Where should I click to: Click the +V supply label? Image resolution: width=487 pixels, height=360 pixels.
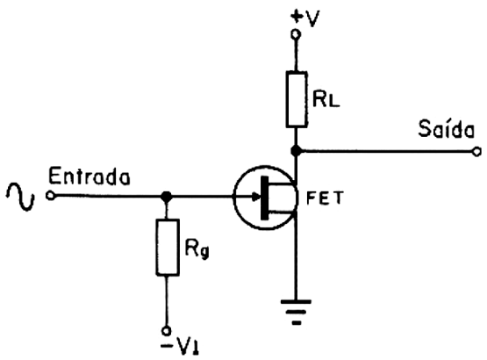click(304, 18)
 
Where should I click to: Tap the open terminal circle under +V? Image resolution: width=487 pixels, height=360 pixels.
click(296, 33)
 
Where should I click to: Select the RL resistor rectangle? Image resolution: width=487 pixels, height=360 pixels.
click(297, 99)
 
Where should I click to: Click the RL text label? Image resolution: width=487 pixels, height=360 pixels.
click(326, 99)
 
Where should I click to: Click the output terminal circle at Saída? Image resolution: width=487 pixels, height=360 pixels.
click(476, 152)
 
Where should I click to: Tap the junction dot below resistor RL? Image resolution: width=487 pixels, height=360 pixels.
click(296, 151)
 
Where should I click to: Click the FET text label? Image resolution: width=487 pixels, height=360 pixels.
click(326, 198)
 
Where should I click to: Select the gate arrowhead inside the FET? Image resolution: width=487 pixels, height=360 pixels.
click(256, 196)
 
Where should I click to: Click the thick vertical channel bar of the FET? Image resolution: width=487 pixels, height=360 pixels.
click(265, 198)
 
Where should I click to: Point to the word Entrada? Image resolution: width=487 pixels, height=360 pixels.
click(90, 176)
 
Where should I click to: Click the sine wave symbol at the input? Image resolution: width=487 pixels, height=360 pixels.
click(20, 197)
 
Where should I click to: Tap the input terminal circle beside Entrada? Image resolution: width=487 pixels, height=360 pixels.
click(50, 196)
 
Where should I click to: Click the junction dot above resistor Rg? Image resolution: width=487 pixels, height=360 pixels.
click(167, 196)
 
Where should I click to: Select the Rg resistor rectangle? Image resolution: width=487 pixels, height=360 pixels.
click(168, 247)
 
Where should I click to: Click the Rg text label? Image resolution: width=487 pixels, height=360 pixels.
click(197, 248)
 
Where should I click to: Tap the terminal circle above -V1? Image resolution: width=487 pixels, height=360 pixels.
click(167, 330)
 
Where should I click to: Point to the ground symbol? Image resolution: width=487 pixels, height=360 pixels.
click(296, 312)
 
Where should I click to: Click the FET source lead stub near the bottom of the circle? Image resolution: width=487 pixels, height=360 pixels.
click(282, 213)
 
